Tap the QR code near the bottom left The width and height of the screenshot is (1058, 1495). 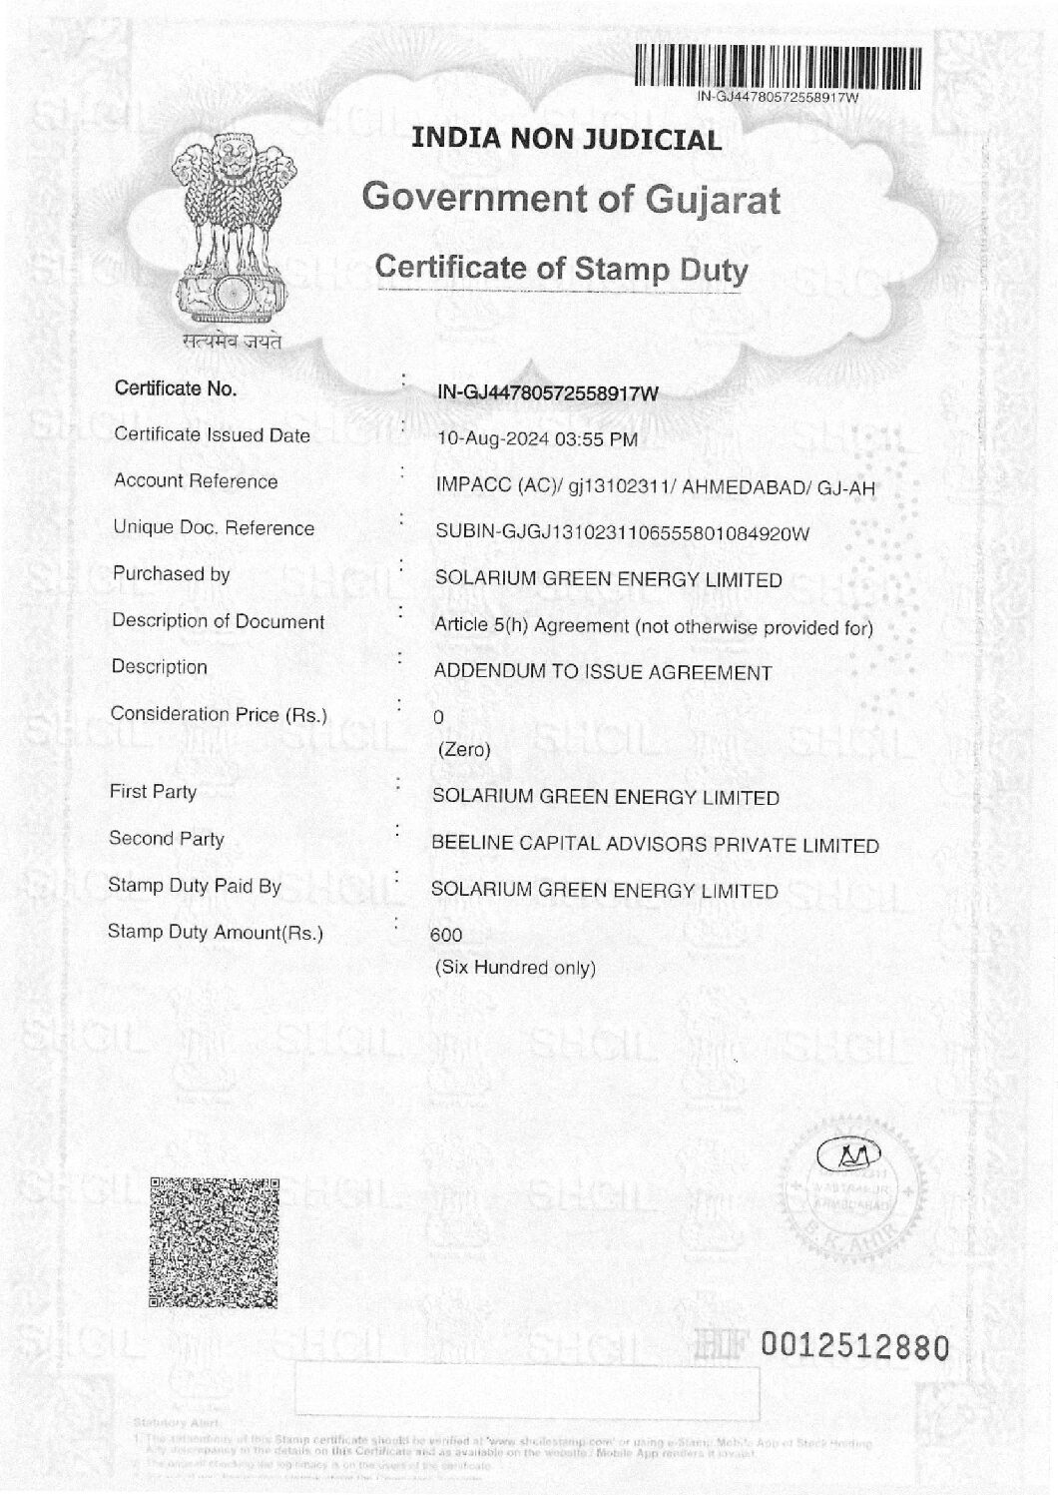click(213, 1241)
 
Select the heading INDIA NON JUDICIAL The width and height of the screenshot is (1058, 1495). click(566, 139)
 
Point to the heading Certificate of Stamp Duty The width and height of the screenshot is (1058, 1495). click(560, 268)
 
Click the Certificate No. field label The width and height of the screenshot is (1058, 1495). click(176, 388)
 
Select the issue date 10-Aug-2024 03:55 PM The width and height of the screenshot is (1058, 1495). click(538, 439)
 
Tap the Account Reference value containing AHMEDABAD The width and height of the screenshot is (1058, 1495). click(656, 486)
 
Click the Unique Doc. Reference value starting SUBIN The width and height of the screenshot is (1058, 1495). click(622, 533)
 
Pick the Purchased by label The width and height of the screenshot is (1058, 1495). click(171, 574)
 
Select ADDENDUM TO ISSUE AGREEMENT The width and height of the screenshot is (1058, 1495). click(602, 673)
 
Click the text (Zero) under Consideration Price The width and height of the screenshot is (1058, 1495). click(464, 750)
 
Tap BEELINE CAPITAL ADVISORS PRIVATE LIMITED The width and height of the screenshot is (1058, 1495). click(655, 845)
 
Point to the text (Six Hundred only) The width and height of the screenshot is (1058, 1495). click(515, 968)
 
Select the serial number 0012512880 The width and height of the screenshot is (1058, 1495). click(852, 1347)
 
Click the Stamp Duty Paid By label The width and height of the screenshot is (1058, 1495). click(195, 886)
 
